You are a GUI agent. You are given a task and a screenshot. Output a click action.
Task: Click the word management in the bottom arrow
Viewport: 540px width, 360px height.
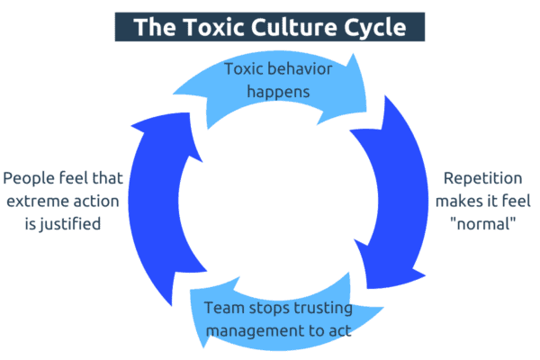(x=251, y=330)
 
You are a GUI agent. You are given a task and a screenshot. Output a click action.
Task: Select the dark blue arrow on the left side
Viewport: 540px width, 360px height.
(x=144, y=207)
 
